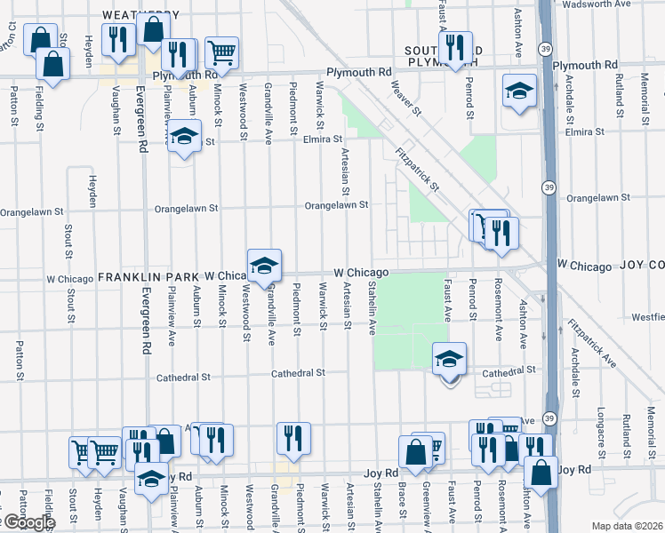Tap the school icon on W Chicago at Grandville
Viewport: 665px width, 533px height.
[x=264, y=266]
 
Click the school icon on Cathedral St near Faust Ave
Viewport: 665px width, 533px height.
[x=450, y=359]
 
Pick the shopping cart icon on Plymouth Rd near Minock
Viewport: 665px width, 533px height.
[x=221, y=52]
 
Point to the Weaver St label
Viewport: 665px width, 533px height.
[x=406, y=95]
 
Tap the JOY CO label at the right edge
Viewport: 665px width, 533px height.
[x=642, y=266]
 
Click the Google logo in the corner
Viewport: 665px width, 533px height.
[x=27, y=522]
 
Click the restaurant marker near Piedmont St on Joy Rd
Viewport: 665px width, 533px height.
[x=292, y=438]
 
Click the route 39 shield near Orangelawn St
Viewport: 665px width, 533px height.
[x=549, y=187]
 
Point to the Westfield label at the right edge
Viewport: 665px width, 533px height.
[x=646, y=316]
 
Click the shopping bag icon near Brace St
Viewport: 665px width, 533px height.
[x=415, y=451]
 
